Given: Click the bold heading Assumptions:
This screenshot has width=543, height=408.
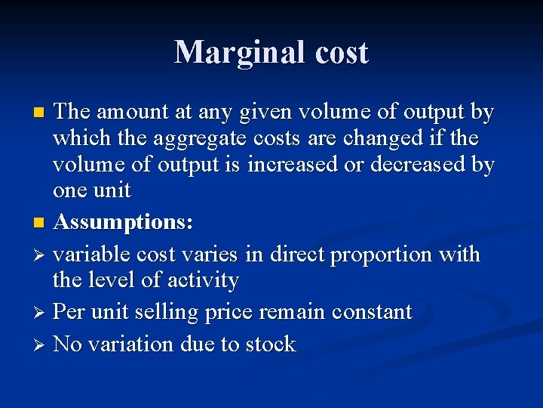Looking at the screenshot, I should [x=124, y=223].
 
